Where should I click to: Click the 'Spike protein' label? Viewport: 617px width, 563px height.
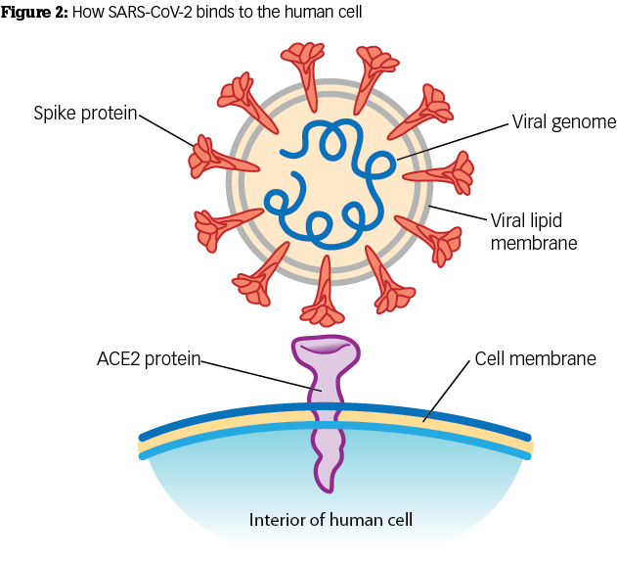coord(85,115)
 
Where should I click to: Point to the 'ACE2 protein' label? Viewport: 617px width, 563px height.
coord(148,359)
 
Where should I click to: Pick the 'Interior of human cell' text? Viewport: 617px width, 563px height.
coord(331,519)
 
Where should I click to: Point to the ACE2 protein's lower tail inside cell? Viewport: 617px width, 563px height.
coord(326,460)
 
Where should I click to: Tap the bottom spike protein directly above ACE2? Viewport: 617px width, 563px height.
coord(323,298)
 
